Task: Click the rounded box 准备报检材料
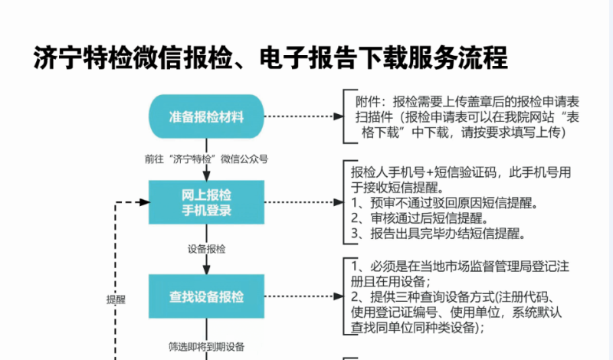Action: pyautogui.click(x=206, y=116)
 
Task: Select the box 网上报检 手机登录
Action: pyautogui.click(x=206, y=202)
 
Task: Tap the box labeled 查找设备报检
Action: pyautogui.click(x=206, y=296)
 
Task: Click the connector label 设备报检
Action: pyautogui.click(x=206, y=249)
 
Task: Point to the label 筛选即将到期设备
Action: pyautogui.click(x=206, y=346)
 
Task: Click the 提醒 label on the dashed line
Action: pyautogui.click(x=116, y=299)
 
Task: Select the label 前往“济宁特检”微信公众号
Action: pyautogui.click(x=206, y=159)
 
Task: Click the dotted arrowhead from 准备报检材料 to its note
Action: pyautogui.click(x=339, y=116)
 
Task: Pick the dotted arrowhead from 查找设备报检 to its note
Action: pyautogui.click(x=339, y=296)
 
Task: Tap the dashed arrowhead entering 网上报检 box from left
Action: pyautogui.click(x=145, y=202)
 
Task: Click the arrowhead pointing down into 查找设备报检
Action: pyautogui.click(x=206, y=270)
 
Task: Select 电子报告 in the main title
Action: pyautogui.click(x=308, y=58)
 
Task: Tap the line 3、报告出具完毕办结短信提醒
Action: pyautogui.click(x=438, y=234)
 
